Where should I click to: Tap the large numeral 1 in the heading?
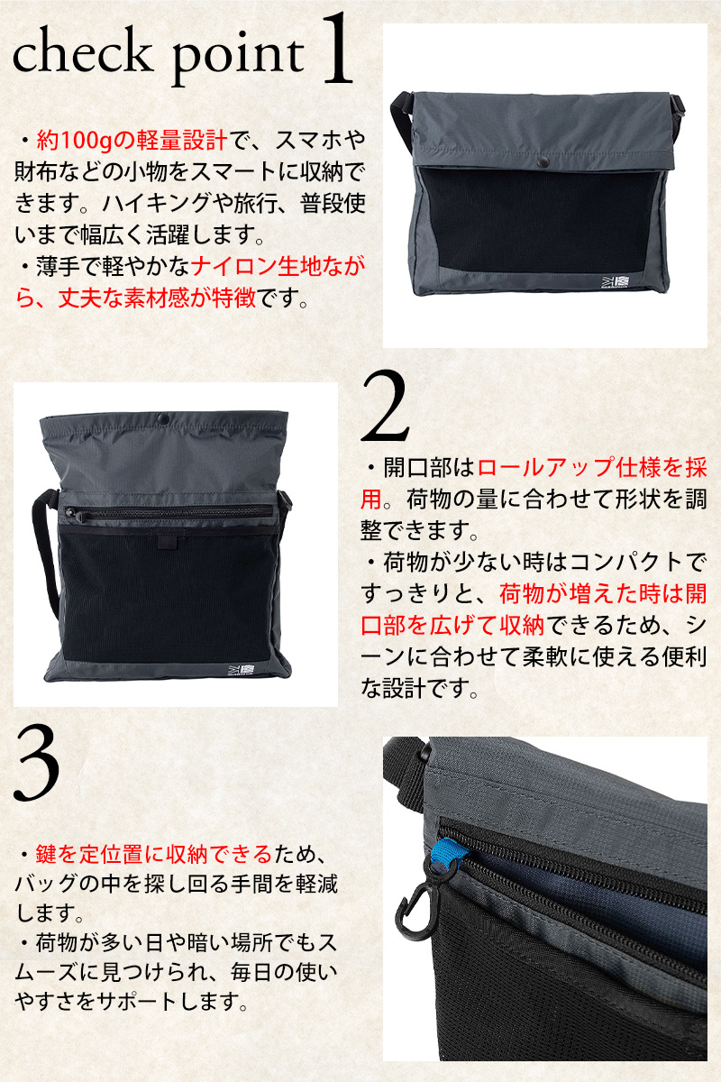pyautogui.click(x=335, y=49)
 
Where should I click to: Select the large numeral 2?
pyautogui.click(x=385, y=406)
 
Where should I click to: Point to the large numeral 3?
pyautogui.click(x=37, y=765)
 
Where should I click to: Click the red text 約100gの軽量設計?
pyautogui.click(x=131, y=140)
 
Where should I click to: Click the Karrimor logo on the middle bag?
pyautogui.click(x=241, y=669)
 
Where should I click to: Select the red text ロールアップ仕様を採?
pyautogui.click(x=592, y=468)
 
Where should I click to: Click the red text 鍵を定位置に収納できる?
pyautogui.click(x=154, y=854)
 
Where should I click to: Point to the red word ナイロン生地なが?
pyautogui.click(x=278, y=268)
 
